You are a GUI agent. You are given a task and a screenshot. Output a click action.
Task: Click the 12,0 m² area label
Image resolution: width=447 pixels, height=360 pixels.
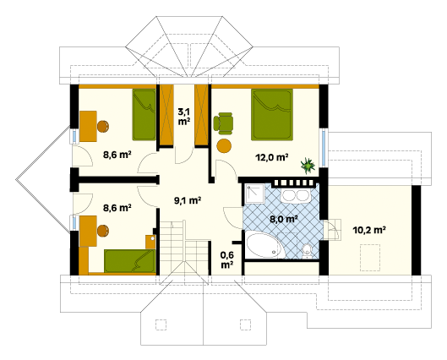272,157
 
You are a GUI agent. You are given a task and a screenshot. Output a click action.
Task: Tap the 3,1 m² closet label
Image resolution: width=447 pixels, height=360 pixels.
184,117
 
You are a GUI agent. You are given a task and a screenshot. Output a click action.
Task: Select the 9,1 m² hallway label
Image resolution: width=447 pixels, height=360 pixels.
188,200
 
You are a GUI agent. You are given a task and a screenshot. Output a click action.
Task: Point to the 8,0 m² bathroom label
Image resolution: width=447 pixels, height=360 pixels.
284,219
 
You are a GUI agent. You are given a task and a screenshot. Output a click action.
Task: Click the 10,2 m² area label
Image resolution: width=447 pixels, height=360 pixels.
369,230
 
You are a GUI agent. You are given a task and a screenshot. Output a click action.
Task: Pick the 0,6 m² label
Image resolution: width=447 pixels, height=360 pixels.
227,259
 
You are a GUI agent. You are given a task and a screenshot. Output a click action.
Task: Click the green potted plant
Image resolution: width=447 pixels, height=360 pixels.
308,166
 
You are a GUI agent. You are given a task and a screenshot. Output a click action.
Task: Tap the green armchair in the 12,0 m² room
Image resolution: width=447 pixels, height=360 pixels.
223,123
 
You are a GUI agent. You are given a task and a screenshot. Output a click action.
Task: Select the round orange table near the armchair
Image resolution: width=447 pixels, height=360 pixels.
224,145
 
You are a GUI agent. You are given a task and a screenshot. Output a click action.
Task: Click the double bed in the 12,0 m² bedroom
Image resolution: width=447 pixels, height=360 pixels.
272,115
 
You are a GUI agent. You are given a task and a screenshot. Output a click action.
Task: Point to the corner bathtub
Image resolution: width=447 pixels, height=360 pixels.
265,244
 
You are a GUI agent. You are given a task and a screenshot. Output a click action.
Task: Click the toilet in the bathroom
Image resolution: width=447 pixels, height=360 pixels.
307,251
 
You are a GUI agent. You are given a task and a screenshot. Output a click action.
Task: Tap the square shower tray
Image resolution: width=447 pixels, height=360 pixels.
253,194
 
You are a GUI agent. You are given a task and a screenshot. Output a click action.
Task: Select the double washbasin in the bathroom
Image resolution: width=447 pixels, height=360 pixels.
296,196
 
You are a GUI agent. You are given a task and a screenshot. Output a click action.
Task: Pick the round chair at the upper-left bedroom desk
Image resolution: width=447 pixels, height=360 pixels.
102,126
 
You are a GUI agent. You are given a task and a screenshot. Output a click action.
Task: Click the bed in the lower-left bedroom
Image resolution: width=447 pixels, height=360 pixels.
130,261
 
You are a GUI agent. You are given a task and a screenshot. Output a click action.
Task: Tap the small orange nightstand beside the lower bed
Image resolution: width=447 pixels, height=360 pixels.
150,242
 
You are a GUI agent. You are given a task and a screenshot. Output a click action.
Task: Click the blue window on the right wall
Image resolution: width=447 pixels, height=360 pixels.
324,148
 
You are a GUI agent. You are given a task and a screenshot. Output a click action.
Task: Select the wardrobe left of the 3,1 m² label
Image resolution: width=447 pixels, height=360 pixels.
166,115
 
